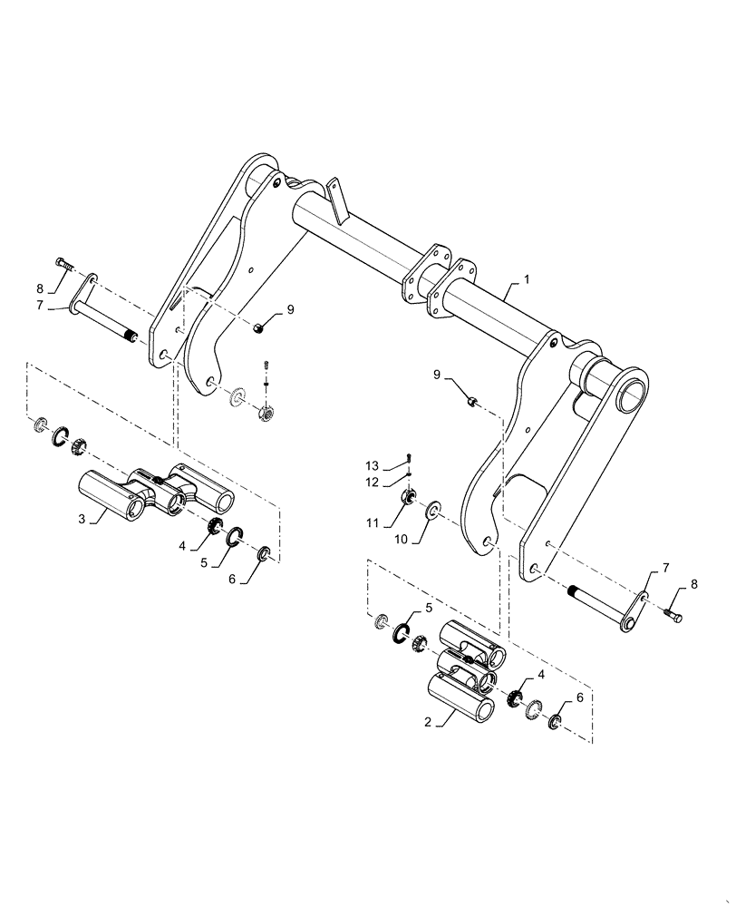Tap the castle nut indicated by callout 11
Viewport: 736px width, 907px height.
click(410, 497)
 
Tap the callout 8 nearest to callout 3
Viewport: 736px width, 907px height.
click(40, 289)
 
